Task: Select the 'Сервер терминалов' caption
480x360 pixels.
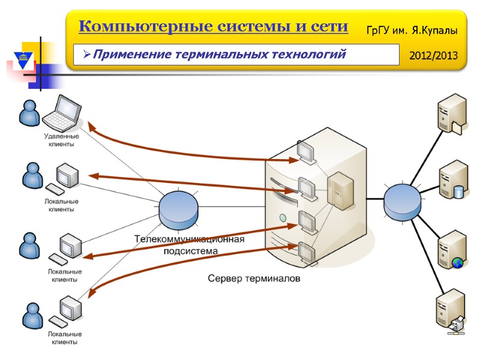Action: pos(254,279)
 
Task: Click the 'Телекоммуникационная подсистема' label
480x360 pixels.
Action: pos(190,245)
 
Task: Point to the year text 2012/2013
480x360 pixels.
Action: pos(433,56)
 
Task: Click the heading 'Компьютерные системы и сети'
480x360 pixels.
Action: pos(213,27)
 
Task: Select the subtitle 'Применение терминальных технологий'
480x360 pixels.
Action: pos(220,55)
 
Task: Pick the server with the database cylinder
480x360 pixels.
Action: pos(452,179)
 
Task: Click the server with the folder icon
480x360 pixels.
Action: pos(451,113)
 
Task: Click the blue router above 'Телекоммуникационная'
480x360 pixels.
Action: pos(178,208)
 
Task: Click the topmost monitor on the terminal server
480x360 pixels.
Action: pos(307,151)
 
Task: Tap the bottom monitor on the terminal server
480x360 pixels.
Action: pos(307,251)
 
